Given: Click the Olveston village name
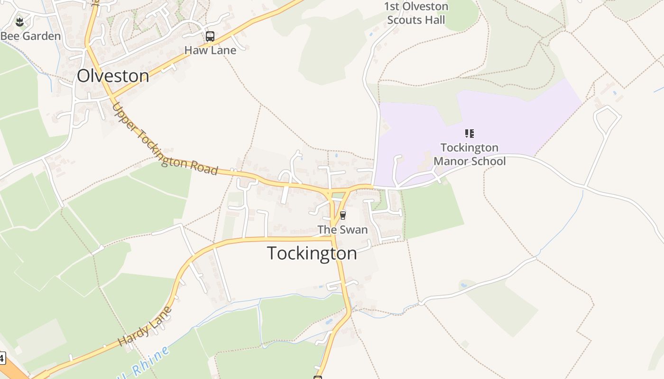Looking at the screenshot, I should pos(113,76).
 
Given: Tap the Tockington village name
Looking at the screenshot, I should pos(312,253).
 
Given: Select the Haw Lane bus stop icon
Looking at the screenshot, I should pos(210,36).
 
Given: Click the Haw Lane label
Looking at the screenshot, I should pos(210,50).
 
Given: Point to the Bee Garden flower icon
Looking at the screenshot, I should pos(19,21).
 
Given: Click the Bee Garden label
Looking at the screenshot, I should pos(30,36).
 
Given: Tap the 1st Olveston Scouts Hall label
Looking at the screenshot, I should pos(416,13).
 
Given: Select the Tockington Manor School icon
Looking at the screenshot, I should pos(469,134).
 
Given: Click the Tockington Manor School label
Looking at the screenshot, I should pos(469,154).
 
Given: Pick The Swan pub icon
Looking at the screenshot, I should pos(342,216).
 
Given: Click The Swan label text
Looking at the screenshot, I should pos(342,230).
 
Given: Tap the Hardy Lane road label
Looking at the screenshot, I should pos(145,327).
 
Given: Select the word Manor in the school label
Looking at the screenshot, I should pos(451,162).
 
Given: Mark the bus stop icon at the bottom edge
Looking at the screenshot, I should pos(318,377).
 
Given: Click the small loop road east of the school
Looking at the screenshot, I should pos(606,118).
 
